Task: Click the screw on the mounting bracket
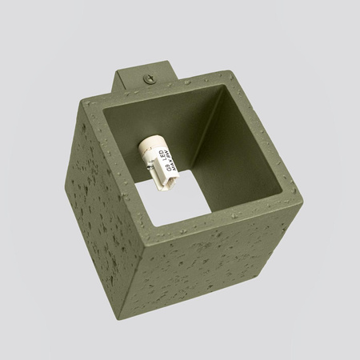150,78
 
